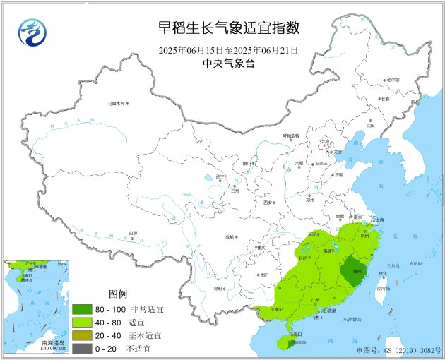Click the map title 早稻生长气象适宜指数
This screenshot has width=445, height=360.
[x=229, y=29]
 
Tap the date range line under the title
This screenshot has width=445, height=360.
[x=228, y=50]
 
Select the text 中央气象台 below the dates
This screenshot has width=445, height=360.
[x=228, y=64]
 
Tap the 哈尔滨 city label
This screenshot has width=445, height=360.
[x=392, y=80]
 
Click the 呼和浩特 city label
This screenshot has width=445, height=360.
[x=291, y=136]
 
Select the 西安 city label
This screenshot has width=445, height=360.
[x=268, y=202]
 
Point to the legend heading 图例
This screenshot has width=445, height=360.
[x=118, y=294]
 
